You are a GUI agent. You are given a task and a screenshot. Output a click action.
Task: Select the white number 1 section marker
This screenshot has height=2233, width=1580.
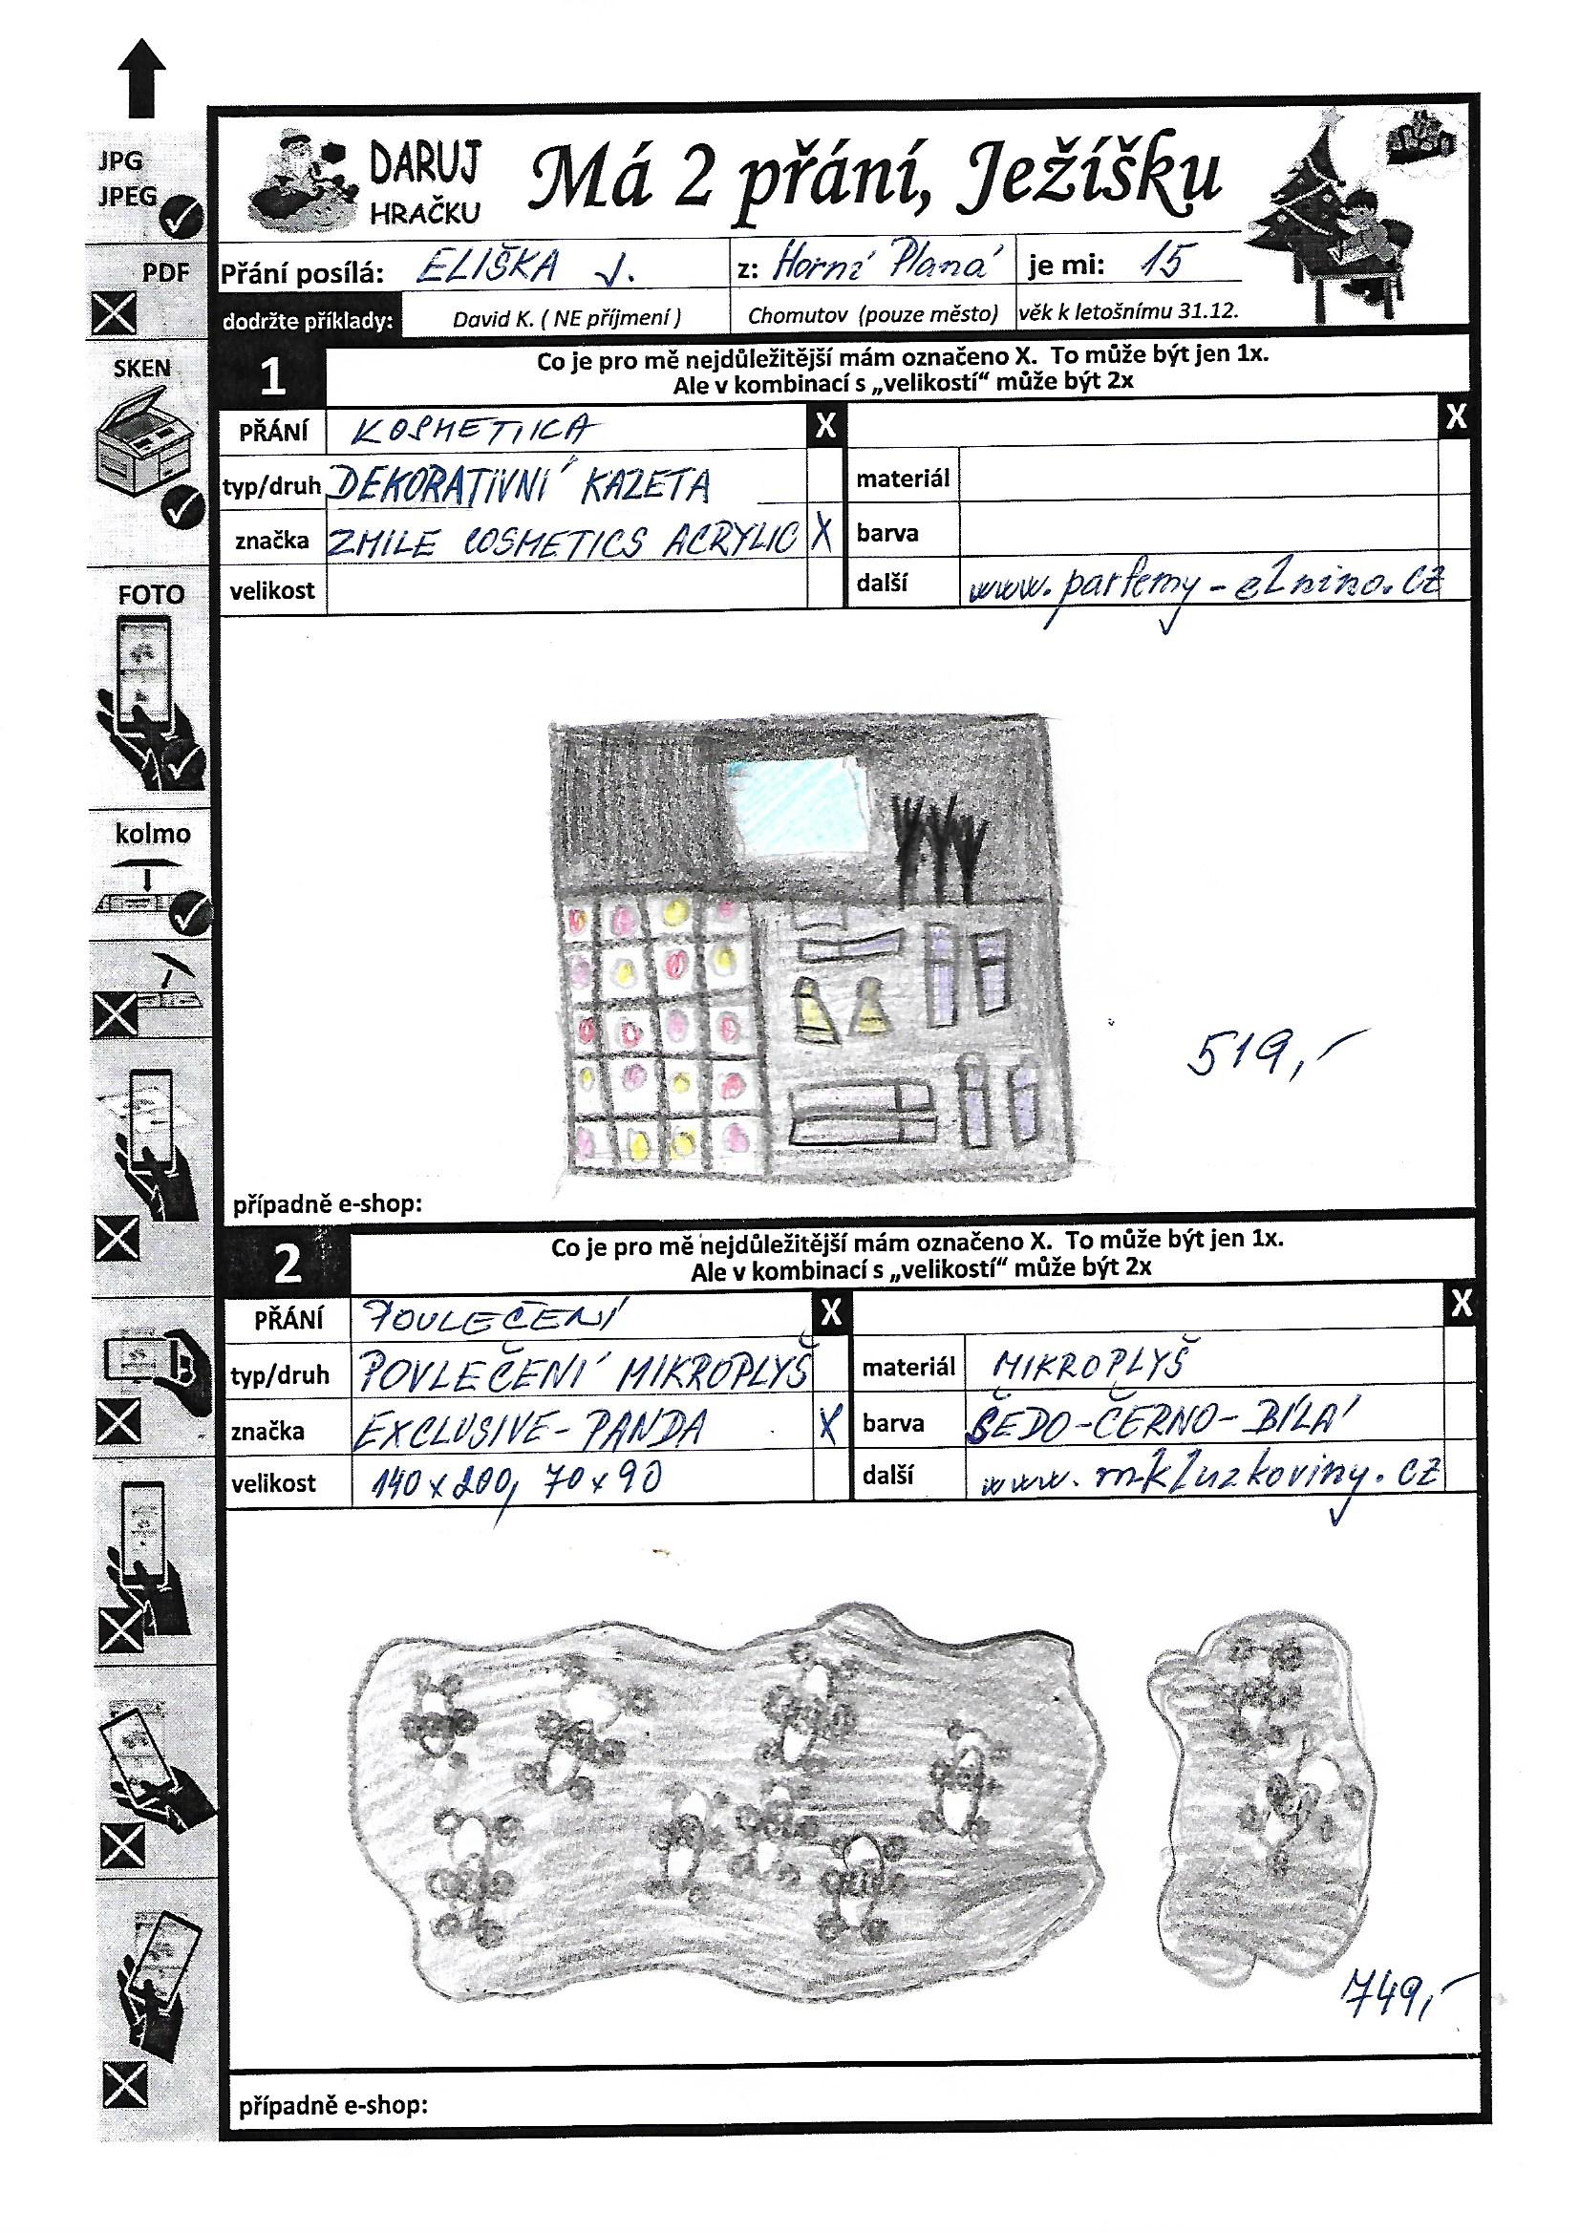click(x=273, y=377)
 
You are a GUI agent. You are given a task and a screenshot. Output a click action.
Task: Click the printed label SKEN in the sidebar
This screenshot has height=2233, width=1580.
click(x=142, y=369)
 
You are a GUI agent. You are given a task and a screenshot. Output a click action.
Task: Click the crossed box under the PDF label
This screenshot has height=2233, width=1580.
click(x=114, y=313)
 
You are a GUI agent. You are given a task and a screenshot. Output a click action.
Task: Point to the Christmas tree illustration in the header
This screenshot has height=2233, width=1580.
click(x=1300, y=214)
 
